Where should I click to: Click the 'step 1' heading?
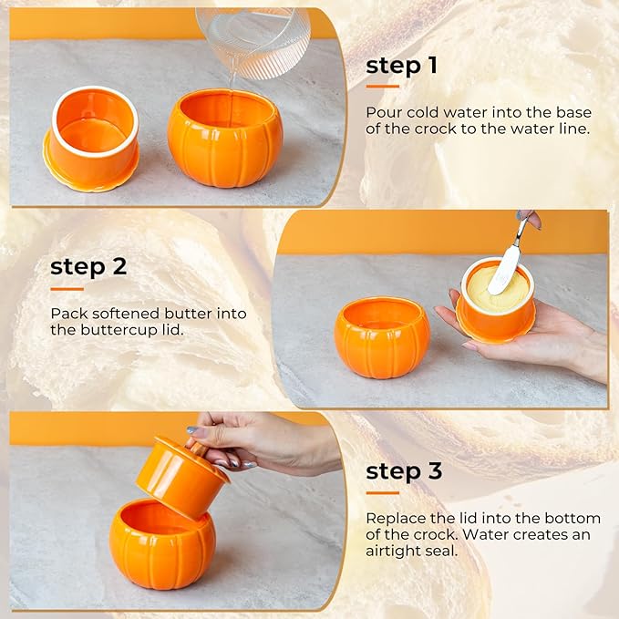coord(402,66)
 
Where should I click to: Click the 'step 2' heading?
coord(88,267)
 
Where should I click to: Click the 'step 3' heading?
coord(404,471)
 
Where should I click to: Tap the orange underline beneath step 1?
coord(382,87)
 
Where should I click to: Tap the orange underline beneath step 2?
coord(67,289)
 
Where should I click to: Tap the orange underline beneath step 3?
coord(382,492)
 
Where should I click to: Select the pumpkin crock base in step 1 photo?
coord(224,139)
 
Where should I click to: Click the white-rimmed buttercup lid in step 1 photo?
coord(92,137)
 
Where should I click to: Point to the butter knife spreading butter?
coord(507,264)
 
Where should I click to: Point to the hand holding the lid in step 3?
coord(264,442)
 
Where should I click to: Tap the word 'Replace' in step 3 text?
coord(395,517)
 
